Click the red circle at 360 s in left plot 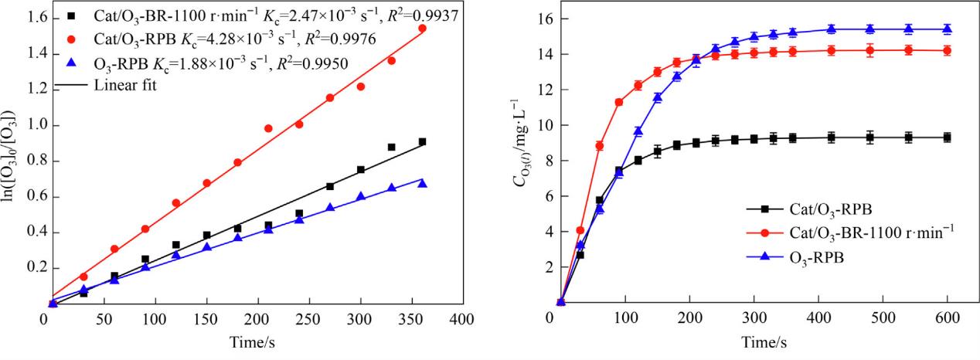pos(422,29)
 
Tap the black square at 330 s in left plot pos(391,147)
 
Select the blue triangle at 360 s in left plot pos(422,183)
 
